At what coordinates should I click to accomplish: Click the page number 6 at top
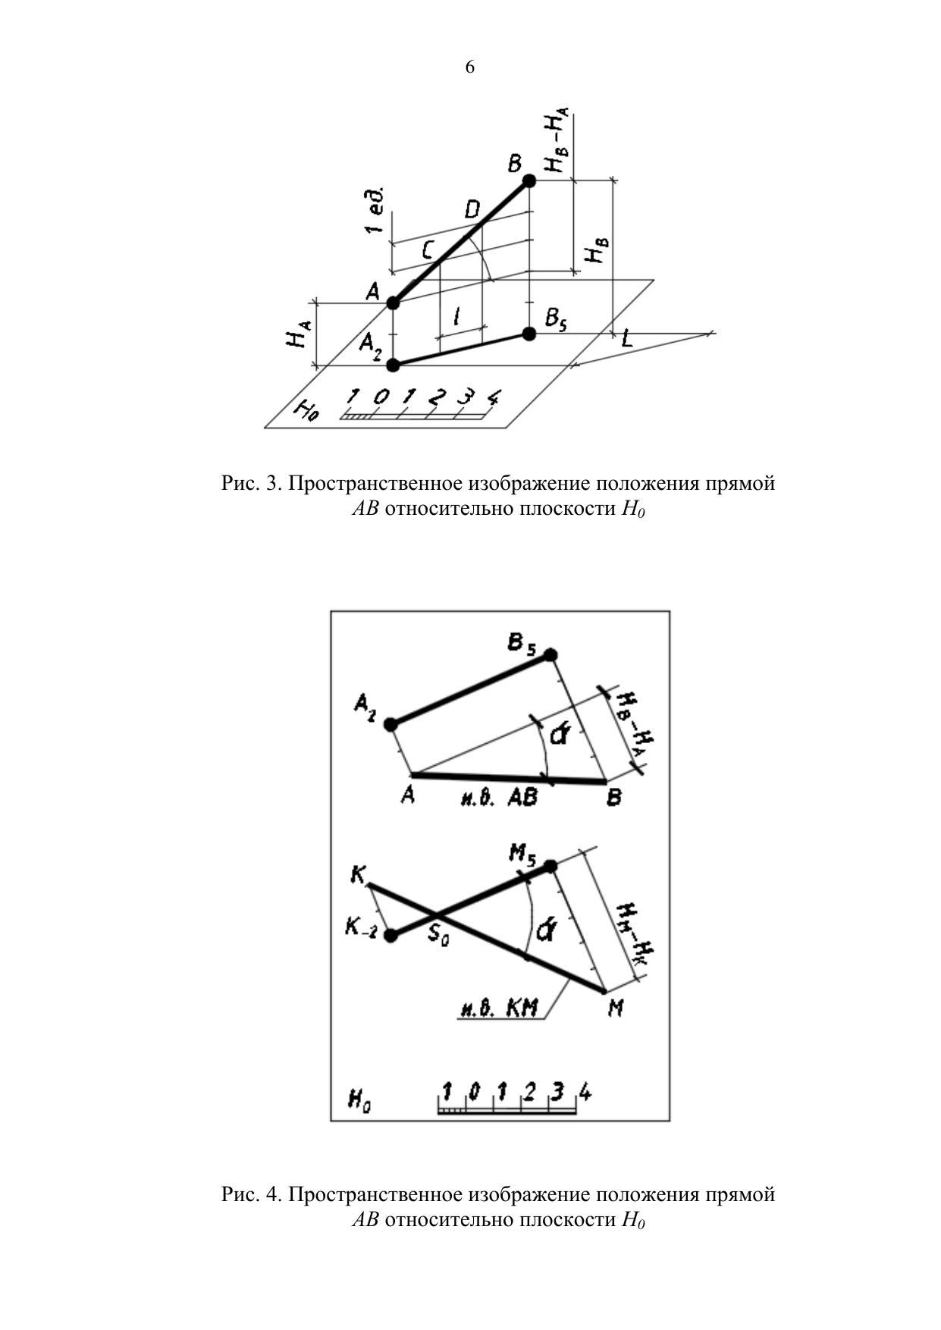pos(470,67)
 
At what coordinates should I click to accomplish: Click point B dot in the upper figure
pos(529,180)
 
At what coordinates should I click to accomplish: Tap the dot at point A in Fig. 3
pos(393,303)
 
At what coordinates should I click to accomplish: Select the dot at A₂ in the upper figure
pos(393,365)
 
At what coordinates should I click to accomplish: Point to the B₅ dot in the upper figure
pos(529,334)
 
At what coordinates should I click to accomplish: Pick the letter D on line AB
pos(472,209)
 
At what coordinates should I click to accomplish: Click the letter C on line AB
pos(428,249)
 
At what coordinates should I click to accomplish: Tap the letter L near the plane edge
pos(626,339)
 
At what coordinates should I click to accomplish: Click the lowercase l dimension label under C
pos(457,317)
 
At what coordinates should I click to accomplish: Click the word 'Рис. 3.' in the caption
pos(251,483)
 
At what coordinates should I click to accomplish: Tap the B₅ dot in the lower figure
pos(550,655)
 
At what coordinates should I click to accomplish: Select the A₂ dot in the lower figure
pos(391,725)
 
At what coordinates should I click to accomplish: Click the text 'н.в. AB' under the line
pos(499,798)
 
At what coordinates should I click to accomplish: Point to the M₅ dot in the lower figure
pos(550,866)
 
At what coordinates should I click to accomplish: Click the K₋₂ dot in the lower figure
pos(391,936)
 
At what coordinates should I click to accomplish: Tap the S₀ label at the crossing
pos(438,934)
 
